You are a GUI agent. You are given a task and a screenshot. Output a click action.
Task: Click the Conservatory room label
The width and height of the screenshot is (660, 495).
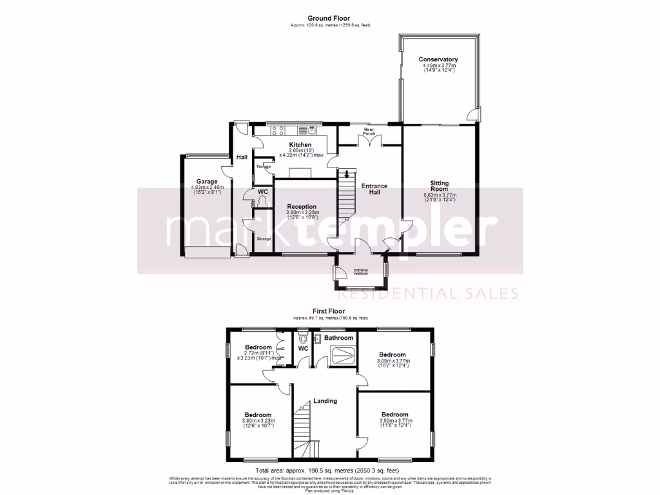438,60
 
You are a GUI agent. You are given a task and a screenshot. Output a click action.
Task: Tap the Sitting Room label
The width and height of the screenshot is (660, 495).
440,186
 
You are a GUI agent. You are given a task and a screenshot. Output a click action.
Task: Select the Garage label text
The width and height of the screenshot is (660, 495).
207,182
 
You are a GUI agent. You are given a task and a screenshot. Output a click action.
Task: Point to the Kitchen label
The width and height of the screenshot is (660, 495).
300,144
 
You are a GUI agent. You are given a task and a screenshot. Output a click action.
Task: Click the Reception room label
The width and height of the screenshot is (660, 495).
302,206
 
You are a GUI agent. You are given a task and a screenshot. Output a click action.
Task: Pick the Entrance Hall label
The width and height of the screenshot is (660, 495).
374,189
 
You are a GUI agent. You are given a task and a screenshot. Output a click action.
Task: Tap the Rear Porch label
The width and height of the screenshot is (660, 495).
369,131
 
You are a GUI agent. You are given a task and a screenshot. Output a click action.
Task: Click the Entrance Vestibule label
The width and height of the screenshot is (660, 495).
360,271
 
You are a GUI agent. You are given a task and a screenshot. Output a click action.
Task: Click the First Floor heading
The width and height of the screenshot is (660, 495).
329,311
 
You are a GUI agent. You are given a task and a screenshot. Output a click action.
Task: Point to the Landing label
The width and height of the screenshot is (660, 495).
325,401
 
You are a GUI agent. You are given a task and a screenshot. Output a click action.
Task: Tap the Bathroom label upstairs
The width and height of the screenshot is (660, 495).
338,338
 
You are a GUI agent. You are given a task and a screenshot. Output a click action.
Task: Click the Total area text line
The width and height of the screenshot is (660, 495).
329,471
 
